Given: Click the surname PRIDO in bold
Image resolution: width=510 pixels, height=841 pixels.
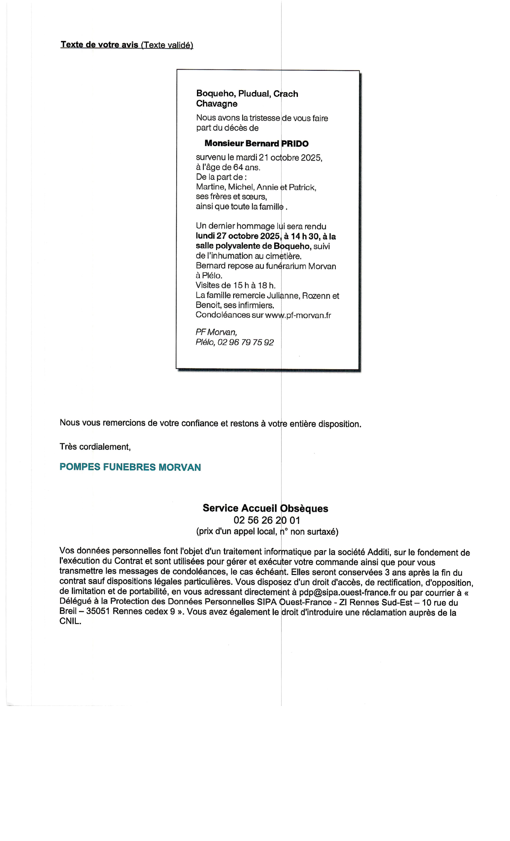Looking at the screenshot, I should (295, 144).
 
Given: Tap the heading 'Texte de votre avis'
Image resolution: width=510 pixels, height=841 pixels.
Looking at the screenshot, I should (100, 45).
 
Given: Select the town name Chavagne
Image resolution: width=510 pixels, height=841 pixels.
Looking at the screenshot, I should (216, 104).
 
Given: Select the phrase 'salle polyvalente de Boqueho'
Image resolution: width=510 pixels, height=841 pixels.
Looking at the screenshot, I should (253, 246).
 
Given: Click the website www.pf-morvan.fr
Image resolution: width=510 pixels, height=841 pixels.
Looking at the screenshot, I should (298, 315).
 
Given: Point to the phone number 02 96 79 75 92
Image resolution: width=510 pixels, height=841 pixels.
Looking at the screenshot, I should (246, 342).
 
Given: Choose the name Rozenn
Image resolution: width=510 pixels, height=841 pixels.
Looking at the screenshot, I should (316, 296).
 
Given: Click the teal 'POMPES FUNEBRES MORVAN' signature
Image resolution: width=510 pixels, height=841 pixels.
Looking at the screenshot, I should (130, 467).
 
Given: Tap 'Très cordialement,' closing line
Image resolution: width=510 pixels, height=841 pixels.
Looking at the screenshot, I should (95, 447).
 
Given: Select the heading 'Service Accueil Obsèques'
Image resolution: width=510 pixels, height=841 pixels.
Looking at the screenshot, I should (265, 508).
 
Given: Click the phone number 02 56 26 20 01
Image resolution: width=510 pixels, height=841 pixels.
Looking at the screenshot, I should (267, 520).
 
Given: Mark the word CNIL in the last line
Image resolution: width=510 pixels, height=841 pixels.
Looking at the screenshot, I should (70, 622).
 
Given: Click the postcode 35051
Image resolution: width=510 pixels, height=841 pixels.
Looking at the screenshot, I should (98, 612).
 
